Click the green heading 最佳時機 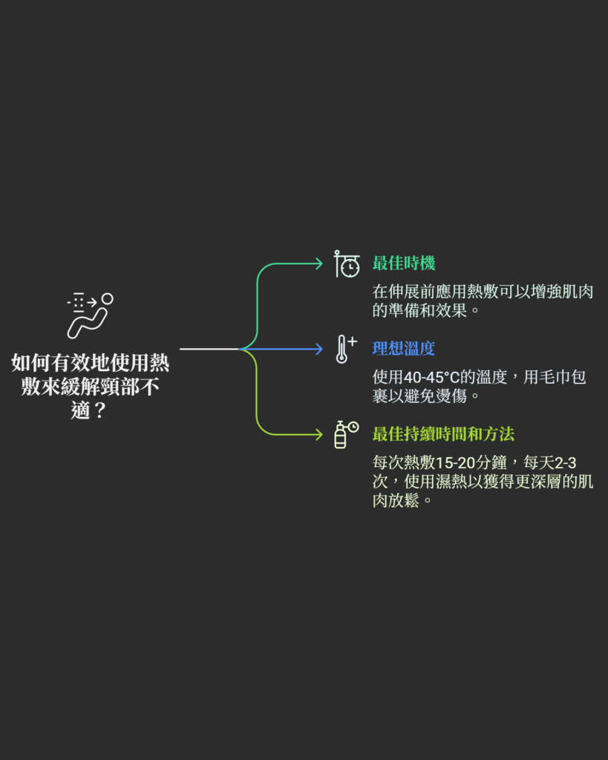pyautogui.click(x=403, y=263)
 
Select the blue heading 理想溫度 pyautogui.click(x=403, y=348)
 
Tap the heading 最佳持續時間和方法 pyautogui.click(x=442, y=433)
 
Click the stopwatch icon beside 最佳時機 pyautogui.click(x=347, y=264)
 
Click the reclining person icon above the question pyautogui.click(x=90, y=315)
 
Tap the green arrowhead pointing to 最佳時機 pyautogui.click(x=318, y=263)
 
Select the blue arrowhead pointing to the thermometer pyautogui.click(x=318, y=348)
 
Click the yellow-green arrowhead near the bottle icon pyautogui.click(x=318, y=434)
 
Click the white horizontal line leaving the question pyautogui.click(x=208, y=348)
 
